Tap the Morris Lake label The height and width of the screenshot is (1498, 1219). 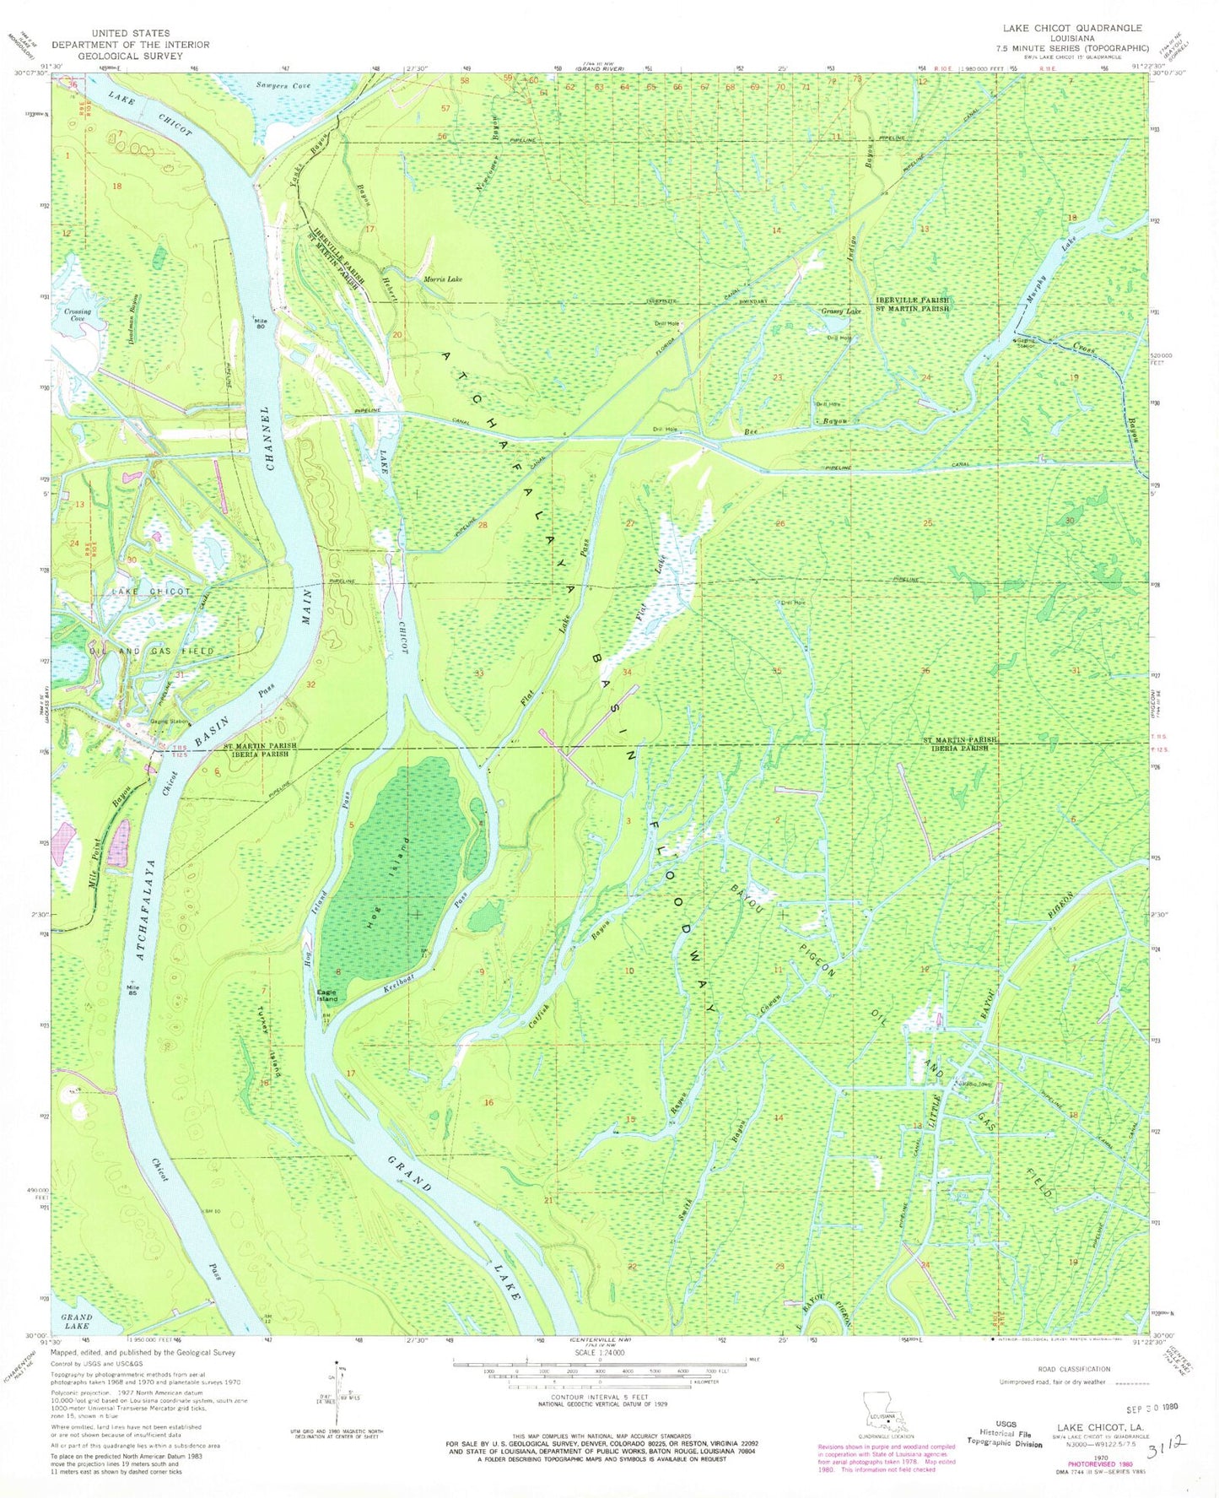(x=442, y=279)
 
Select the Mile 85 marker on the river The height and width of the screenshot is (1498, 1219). (x=132, y=988)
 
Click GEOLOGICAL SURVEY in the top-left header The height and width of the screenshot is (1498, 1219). (x=131, y=56)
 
